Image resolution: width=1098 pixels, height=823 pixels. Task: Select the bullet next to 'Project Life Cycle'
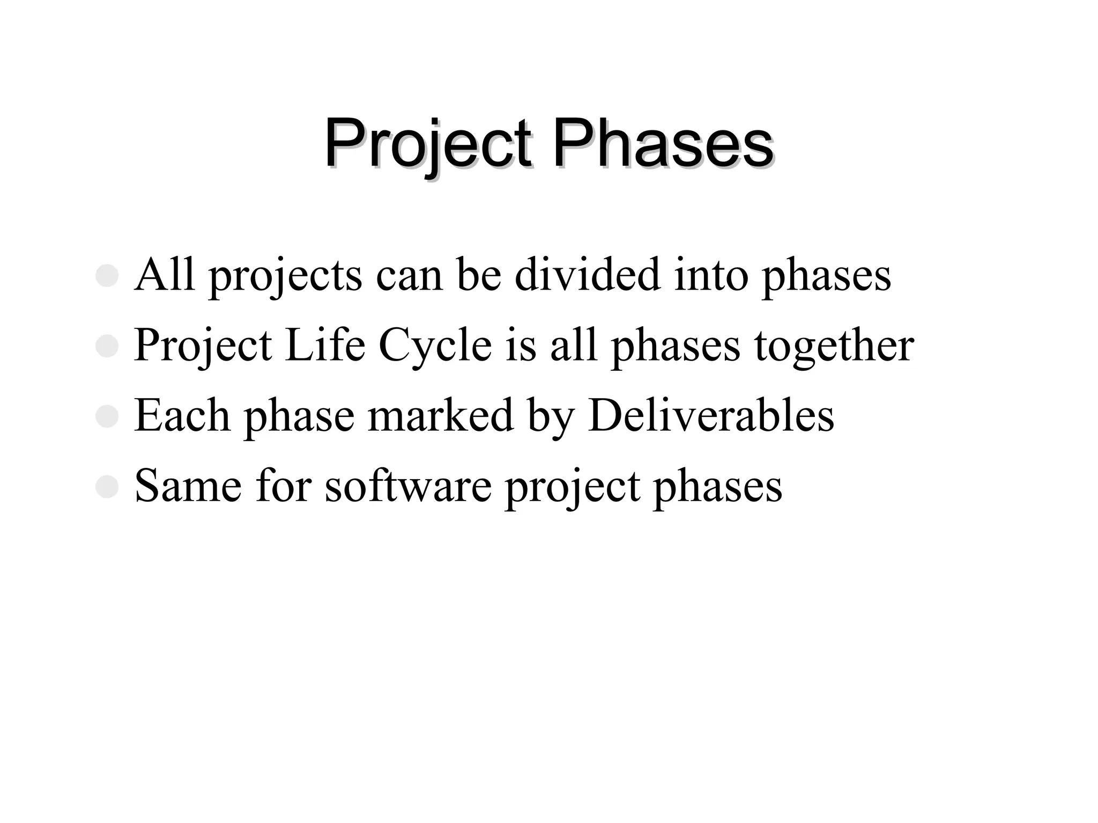click(x=107, y=347)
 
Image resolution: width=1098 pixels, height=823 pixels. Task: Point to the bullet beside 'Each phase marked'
click(x=107, y=417)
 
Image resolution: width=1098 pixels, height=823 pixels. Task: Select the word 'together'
click(x=834, y=346)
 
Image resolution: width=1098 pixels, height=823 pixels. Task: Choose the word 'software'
click(x=408, y=486)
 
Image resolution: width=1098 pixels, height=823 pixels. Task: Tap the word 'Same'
click(x=188, y=486)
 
